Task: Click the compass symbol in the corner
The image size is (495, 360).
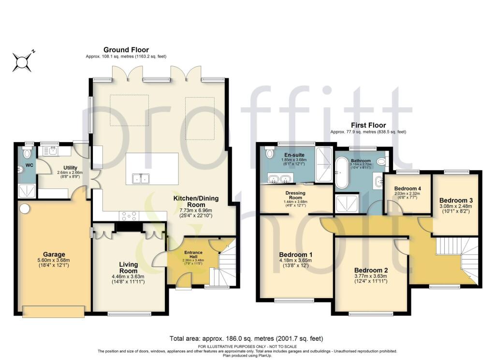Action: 22,62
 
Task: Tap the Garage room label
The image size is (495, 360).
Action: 53,255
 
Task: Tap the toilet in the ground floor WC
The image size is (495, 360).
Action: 27,154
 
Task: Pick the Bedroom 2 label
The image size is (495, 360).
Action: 371,270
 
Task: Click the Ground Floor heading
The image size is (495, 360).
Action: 126,50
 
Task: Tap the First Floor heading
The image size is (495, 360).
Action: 368,125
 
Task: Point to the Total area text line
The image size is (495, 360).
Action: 246,339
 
